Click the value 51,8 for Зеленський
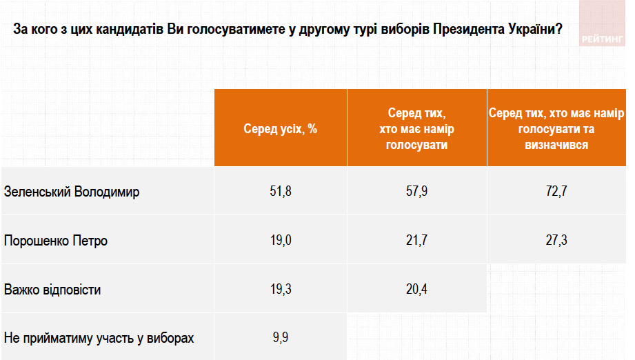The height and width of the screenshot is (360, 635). pos(281,192)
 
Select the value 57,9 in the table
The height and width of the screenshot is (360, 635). pos(416,192)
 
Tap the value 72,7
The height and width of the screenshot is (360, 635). pos(556,192)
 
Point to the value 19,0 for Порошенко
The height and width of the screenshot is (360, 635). pos(281,241)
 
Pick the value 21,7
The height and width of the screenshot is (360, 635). pos(416,241)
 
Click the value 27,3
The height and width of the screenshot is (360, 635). pos(556,241)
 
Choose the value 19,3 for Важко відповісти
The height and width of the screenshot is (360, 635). pos(281,290)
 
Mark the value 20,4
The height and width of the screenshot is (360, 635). pos(416,290)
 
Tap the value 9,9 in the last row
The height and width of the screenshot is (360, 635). pos(281,338)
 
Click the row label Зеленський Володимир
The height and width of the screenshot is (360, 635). pos(72,192)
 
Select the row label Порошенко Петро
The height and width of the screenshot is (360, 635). pos(56,241)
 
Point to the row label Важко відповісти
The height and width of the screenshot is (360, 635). pos(52,290)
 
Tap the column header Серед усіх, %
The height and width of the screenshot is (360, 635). pos(280,128)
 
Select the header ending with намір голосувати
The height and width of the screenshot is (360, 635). pos(416,128)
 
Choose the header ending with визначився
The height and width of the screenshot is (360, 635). pos(556,128)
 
